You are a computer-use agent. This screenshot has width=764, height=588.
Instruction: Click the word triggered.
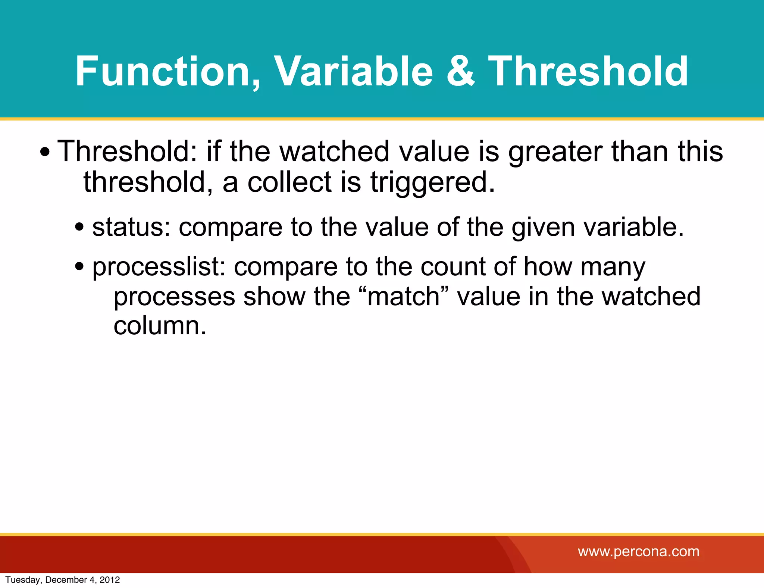tap(432, 182)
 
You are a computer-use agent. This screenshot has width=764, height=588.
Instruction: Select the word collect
tap(289, 182)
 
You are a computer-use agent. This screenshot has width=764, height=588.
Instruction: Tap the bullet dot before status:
tap(79, 227)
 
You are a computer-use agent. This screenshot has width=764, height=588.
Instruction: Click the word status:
tap(131, 227)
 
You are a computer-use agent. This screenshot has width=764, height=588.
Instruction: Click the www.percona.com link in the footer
tap(638, 551)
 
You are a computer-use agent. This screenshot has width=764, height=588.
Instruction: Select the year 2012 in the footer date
tap(110, 580)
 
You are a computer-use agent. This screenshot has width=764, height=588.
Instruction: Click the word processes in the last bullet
tap(174, 297)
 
